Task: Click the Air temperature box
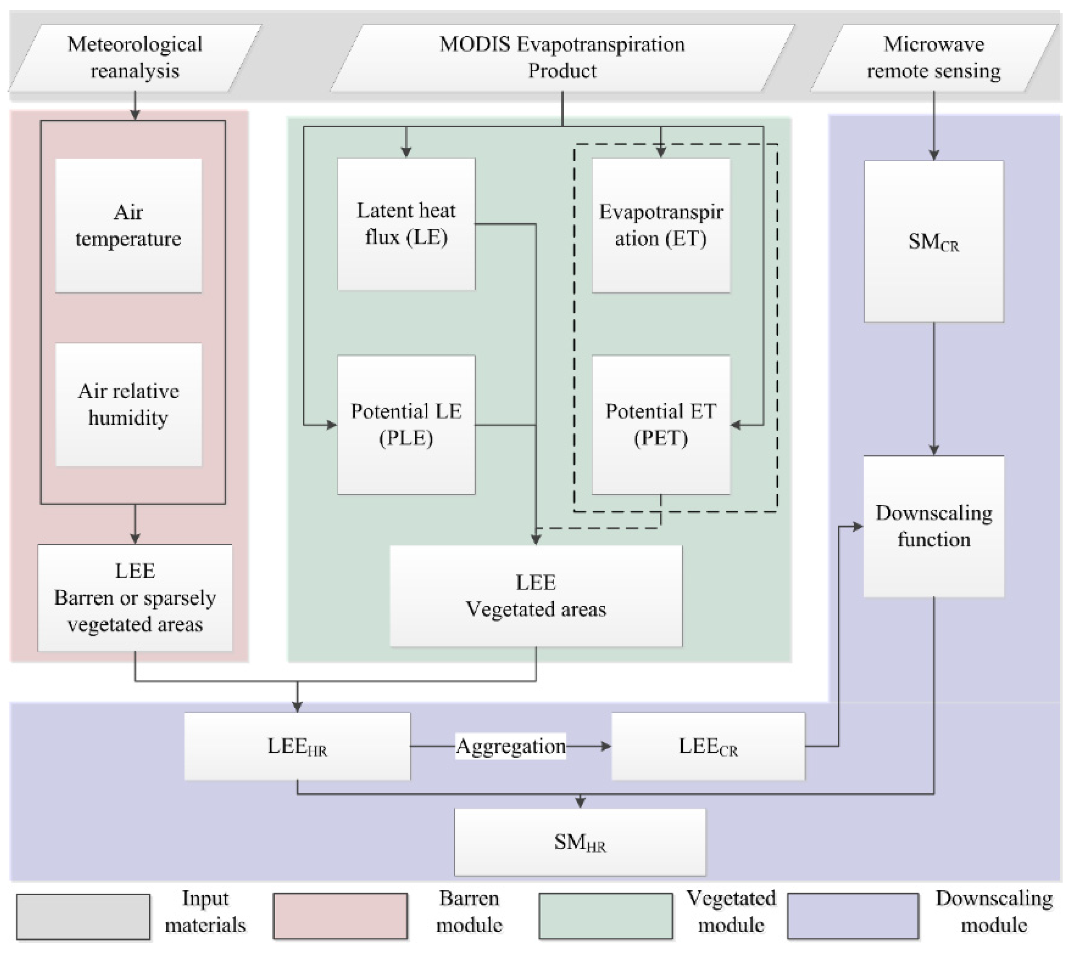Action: coord(128,226)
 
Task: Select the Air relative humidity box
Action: coord(128,404)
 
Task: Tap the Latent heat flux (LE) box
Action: coord(406,224)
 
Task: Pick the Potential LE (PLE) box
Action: coord(406,424)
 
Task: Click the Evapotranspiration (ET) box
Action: coord(661,225)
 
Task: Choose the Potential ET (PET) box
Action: coord(661,424)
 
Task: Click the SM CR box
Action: coord(934,242)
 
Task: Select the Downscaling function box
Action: coord(934,526)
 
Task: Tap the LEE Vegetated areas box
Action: coord(536,596)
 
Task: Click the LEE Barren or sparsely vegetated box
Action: coord(135,597)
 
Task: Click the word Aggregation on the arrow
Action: coord(511,746)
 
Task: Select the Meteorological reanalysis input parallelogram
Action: coord(135,58)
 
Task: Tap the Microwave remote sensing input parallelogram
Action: coord(934,58)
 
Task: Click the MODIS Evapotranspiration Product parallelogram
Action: coord(562,58)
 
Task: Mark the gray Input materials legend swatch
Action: coord(83,917)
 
